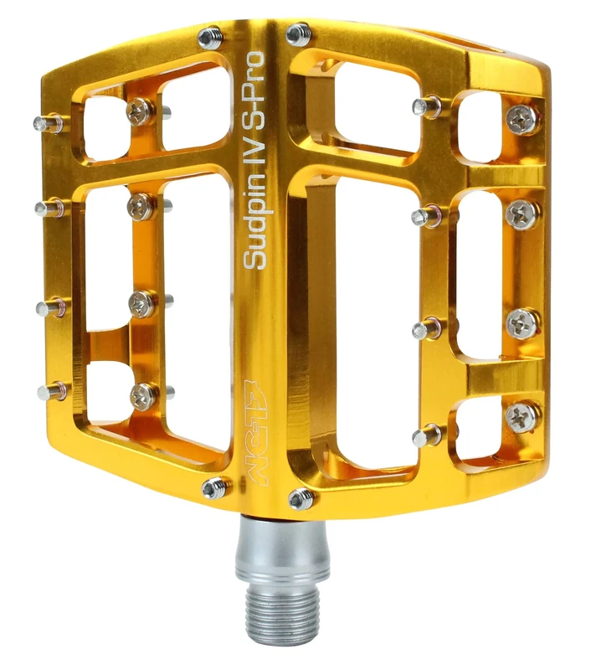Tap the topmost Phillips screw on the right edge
point(523,120)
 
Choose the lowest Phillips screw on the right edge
point(523,414)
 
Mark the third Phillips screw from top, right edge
point(523,322)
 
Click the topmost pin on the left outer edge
point(47,124)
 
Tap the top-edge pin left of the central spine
point(210,37)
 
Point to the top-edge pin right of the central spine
point(299,34)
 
